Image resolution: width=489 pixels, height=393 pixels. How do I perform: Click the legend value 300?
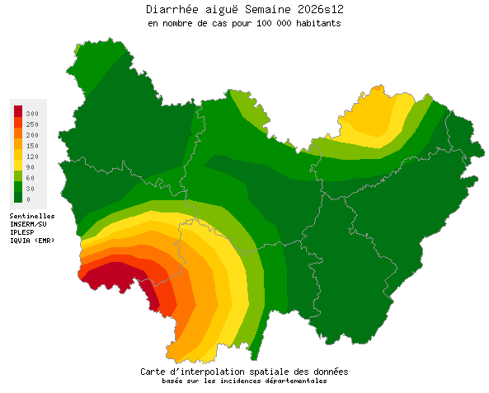[x=32, y=113]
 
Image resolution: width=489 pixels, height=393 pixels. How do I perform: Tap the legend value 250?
[x=32, y=124]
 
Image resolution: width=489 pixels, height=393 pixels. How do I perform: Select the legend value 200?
[x=32, y=134]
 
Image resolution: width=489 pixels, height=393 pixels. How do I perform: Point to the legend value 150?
[x=32, y=145]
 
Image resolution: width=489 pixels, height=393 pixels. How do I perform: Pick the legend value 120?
[x=32, y=156]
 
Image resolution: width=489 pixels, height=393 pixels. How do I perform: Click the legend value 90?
[x=31, y=166]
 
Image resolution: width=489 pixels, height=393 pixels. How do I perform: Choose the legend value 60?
[x=31, y=177]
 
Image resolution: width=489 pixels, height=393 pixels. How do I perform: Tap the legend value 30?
[x=31, y=188]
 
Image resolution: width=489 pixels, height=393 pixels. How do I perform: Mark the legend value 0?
[x=28, y=199]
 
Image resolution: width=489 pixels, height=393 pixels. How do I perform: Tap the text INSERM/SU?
[x=29, y=224]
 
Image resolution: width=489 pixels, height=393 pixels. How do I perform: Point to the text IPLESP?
[x=22, y=232]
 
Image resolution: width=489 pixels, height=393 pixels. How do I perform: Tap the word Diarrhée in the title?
[x=172, y=10]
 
